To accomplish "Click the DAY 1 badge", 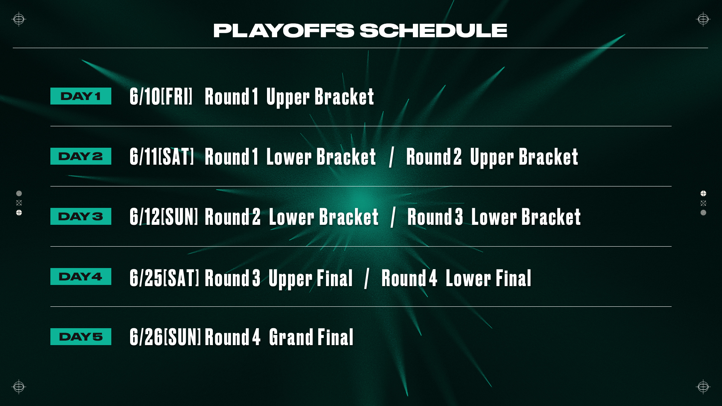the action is (x=81, y=96).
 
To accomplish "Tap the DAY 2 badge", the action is (x=81, y=156).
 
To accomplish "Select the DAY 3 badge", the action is (x=81, y=217).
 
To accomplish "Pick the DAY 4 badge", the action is (x=81, y=277).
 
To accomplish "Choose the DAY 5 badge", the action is (x=81, y=337).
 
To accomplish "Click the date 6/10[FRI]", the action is (x=161, y=97).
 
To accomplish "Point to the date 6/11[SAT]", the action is (x=162, y=157).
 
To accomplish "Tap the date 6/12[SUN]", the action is (x=164, y=217).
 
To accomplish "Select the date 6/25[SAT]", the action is (x=164, y=278).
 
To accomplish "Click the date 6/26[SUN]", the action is (x=165, y=337).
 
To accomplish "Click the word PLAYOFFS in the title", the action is (x=284, y=30).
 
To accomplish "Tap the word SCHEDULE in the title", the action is (x=434, y=30).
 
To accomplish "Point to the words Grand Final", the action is (x=311, y=337).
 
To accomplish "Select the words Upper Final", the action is (x=311, y=279).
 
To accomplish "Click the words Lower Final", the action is (x=488, y=278).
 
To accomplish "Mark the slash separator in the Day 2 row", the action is (x=391, y=157).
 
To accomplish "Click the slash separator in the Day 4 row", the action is (x=367, y=279).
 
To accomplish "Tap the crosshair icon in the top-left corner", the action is (x=18, y=19).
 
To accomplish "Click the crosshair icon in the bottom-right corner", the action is (x=703, y=386).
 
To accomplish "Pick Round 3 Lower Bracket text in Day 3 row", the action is (x=494, y=217).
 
